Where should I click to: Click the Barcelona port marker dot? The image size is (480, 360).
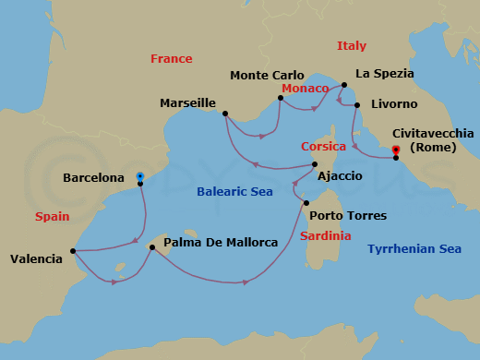[140, 184]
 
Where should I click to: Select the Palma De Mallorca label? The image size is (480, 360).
[221, 243]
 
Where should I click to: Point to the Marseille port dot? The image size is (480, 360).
[225, 114]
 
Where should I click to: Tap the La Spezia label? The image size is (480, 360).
[385, 73]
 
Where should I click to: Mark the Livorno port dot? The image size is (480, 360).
[356, 103]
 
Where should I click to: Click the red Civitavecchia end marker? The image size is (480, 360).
[395, 150]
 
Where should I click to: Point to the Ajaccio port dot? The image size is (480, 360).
[315, 164]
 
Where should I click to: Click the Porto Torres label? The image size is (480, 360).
[348, 216]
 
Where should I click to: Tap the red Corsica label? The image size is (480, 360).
[323, 146]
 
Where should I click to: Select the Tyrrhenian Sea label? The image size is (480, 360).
[414, 248]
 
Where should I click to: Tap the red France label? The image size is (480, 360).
[171, 59]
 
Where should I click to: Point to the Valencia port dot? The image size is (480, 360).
[72, 250]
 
